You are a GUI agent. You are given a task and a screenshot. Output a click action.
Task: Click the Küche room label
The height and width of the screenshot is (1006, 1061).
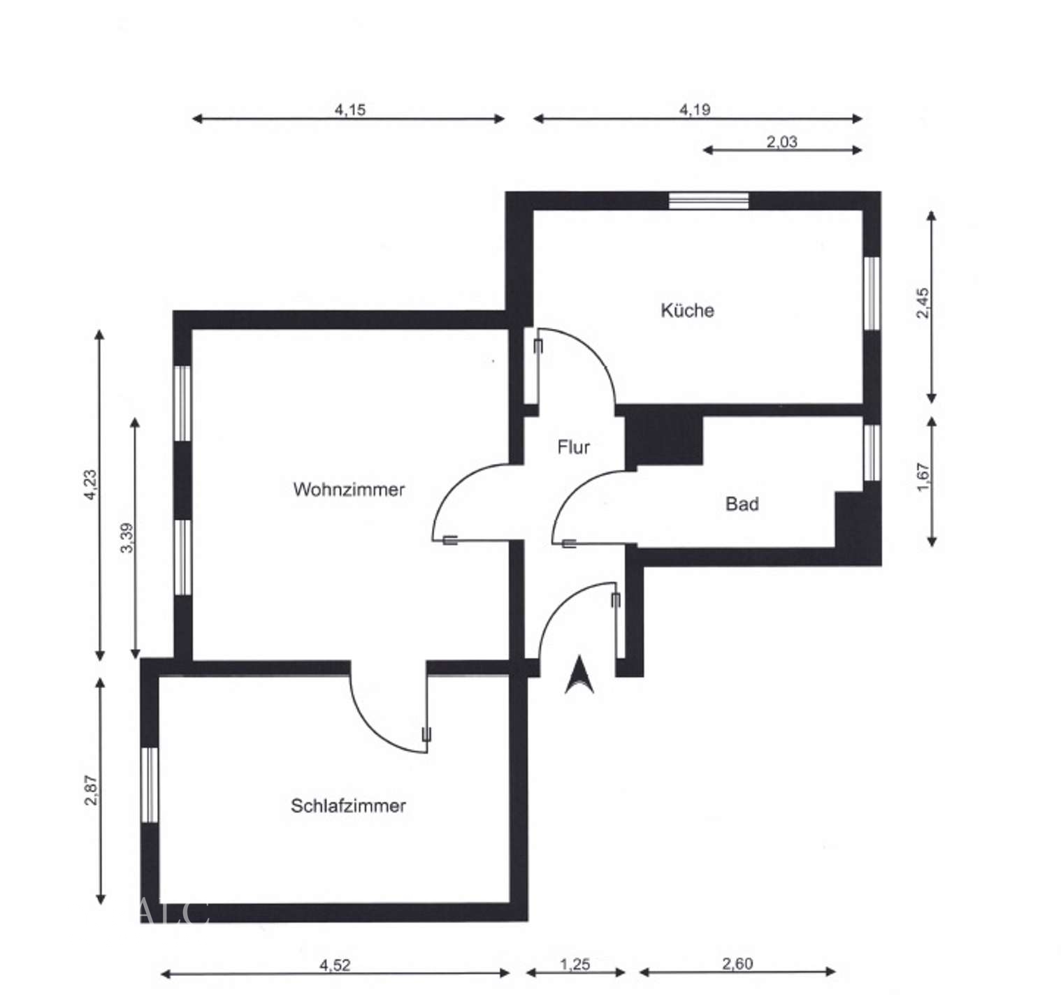pyautogui.click(x=687, y=310)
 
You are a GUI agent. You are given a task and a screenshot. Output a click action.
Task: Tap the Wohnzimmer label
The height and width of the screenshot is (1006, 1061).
pyautogui.click(x=349, y=489)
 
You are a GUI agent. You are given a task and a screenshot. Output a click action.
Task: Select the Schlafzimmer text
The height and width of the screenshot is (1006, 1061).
pyautogui.click(x=348, y=805)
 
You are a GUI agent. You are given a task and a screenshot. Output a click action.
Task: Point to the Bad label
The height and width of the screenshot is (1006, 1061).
pyautogui.click(x=742, y=504)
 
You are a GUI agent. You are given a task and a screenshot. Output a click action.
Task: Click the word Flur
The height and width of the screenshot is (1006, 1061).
pyautogui.click(x=573, y=447)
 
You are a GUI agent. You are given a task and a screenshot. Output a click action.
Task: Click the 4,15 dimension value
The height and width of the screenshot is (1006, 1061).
pyautogui.click(x=349, y=110)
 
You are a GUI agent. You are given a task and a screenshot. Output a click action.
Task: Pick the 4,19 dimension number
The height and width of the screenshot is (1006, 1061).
pyautogui.click(x=695, y=110)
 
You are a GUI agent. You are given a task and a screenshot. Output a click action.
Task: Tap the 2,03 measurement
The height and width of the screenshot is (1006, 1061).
pyautogui.click(x=781, y=142)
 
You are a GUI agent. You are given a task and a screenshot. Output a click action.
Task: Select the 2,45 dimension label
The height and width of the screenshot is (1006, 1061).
pyautogui.click(x=923, y=304)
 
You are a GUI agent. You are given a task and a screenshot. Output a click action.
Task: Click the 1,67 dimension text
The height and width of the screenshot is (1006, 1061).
pyautogui.click(x=923, y=478)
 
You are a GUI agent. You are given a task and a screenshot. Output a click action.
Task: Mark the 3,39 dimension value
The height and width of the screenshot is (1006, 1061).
pyautogui.click(x=127, y=538)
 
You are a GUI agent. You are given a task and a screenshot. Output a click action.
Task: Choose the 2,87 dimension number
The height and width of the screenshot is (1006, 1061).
pyautogui.click(x=92, y=789)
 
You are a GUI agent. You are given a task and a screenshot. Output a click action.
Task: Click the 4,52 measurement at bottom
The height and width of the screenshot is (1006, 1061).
pyautogui.click(x=335, y=965)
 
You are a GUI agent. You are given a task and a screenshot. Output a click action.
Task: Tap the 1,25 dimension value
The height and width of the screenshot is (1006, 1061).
pyautogui.click(x=575, y=964)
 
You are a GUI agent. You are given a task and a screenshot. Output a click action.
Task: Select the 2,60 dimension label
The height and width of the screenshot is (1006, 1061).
pyautogui.click(x=737, y=963)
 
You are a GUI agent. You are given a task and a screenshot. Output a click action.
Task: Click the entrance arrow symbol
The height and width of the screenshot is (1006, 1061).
pyautogui.click(x=579, y=676)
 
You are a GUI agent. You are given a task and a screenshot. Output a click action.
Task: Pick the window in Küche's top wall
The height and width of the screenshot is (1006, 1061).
pyautogui.click(x=708, y=201)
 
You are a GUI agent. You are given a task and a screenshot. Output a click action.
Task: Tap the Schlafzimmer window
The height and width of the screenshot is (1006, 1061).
pyautogui.click(x=150, y=785)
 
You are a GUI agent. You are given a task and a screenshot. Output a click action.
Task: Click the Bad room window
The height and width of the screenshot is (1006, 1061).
pyautogui.click(x=872, y=452)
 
